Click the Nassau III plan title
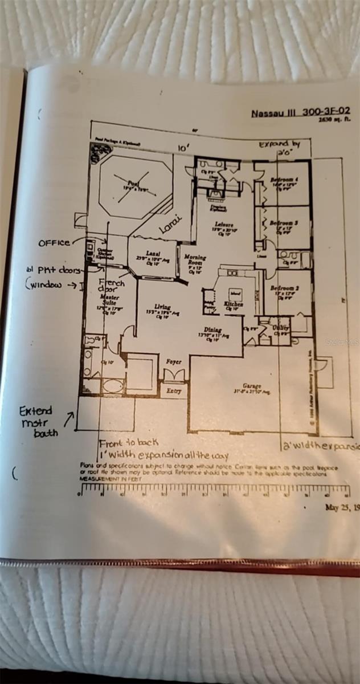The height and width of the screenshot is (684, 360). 301,112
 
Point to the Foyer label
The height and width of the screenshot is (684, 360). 173,361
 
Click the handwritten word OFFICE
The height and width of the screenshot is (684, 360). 54,243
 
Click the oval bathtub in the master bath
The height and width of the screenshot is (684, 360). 112,385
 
